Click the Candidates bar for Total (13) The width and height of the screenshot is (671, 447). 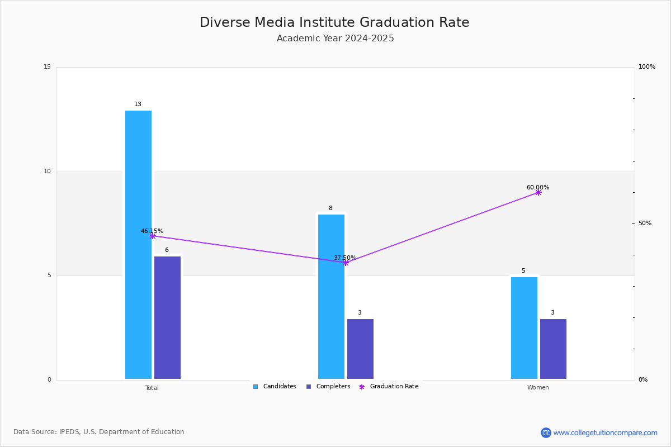pyautogui.click(x=138, y=245)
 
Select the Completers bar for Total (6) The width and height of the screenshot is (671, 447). pyautogui.click(x=167, y=318)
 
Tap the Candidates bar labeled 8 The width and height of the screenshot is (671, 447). pyautogui.click(x=331, y=297)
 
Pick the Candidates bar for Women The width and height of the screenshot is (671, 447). pyautogui.click(x=524, y=328)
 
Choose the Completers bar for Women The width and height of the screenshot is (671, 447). pyautogui.click(x=553, y=349)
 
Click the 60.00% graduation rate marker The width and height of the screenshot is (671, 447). pyautogui.click(x=538, y=193)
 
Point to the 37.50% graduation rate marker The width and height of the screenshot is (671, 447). pyautogui.click(x=346, y=263)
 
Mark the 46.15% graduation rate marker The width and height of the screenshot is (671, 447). pyautogui.click(x=153, y=236)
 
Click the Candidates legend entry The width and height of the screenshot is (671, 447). pyautogui.click(x=275, y=386)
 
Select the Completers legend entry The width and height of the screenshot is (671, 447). pyautogui.click(x=328, y=386)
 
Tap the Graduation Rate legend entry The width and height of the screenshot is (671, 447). pyautogui.click(x=389, y=386)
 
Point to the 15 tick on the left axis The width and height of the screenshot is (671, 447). pyautogui.click(x=48, y=66)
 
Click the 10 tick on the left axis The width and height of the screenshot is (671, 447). pyautogui.click(x=48, y=171)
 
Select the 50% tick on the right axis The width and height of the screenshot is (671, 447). pyautogui.click(x=645, y=223)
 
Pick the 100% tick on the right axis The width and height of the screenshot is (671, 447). pyautogui.click(x=647, y=66)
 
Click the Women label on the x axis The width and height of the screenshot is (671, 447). pyautogui.click(x=538, y=387)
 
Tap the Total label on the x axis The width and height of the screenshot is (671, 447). pyautogui.click(x=152, y=388)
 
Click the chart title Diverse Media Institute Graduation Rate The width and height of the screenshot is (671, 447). pyautogui.click(x=334, y=22)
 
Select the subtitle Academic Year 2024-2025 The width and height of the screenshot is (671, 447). pyautogui.click(x=335, y=39)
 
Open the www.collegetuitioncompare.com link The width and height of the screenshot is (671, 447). pyautogui.click(x=605, y=432)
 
